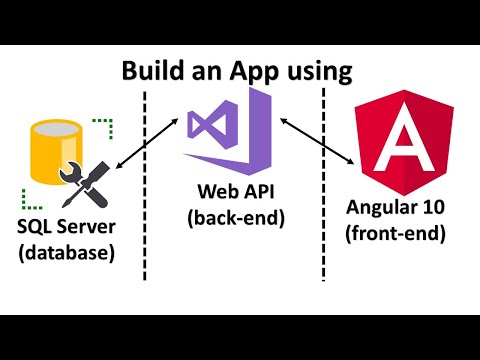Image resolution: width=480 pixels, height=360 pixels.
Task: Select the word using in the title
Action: tap(322, 73)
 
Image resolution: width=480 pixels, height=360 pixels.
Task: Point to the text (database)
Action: tap(66, 254)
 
